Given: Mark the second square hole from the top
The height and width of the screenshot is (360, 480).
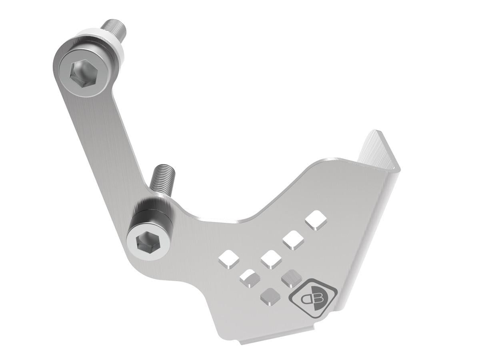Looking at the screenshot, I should (294, 240).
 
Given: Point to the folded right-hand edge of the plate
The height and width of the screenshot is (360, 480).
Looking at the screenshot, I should (370, 240).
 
